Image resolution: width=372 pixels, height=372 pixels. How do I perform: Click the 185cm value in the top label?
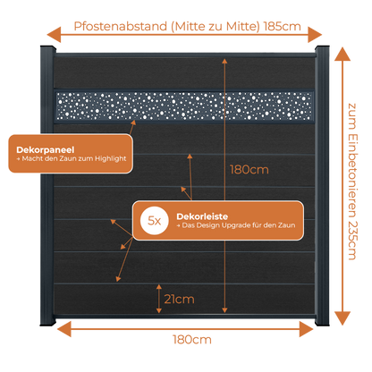(283, 27)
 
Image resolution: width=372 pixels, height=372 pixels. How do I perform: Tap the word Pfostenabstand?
(121, 26)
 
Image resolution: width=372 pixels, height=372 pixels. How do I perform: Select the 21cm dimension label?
(180, 299)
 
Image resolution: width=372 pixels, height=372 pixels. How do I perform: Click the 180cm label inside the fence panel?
(249, 170)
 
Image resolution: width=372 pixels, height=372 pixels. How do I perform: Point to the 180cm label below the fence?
(192, 340)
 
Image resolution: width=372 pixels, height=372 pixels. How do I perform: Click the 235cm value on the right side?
(352, 241)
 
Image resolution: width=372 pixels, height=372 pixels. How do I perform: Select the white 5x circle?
(155, 221)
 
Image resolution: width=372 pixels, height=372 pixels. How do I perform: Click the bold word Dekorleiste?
(202, 216)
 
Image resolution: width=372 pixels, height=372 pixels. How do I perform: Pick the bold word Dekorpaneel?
(46, 149)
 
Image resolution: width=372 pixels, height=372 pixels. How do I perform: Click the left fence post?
(47, 185)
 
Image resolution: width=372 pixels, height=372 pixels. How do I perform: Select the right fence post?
(322, 185)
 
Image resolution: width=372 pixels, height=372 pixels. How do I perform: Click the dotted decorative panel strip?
(184, 106)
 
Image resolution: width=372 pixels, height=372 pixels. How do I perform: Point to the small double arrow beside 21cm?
(159, 299)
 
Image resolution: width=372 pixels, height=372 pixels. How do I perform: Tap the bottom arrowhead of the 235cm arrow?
(342, 318)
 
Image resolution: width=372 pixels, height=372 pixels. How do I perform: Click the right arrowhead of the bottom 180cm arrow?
(307, 329)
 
